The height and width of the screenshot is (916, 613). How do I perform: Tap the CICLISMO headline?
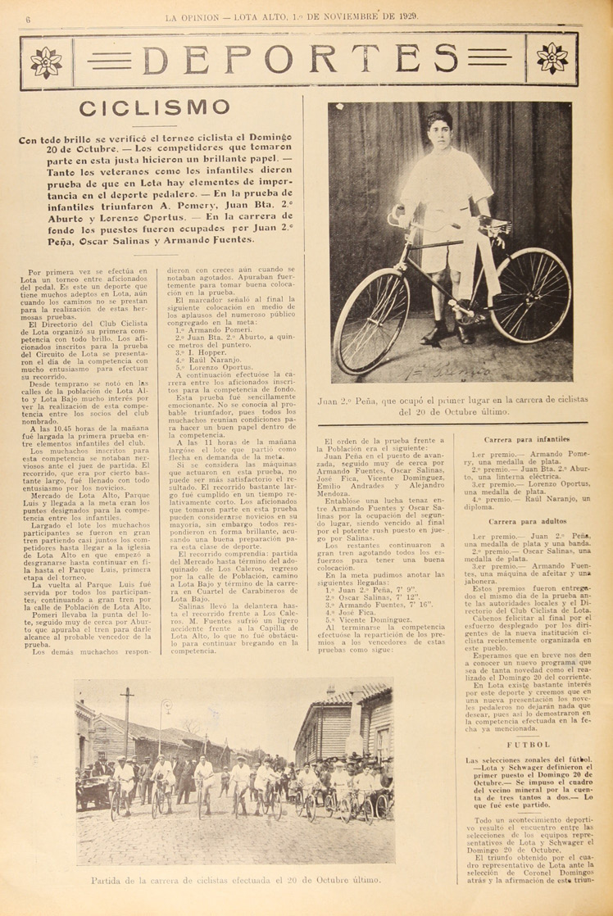tap(153, 108)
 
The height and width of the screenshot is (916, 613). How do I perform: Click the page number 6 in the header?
tap(28, 18)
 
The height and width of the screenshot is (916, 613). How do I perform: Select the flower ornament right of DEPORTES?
tap(552, 59)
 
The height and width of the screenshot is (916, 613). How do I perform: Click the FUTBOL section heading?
tap(528, 744)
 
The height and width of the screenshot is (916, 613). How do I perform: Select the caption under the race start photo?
tap(236, 881)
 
